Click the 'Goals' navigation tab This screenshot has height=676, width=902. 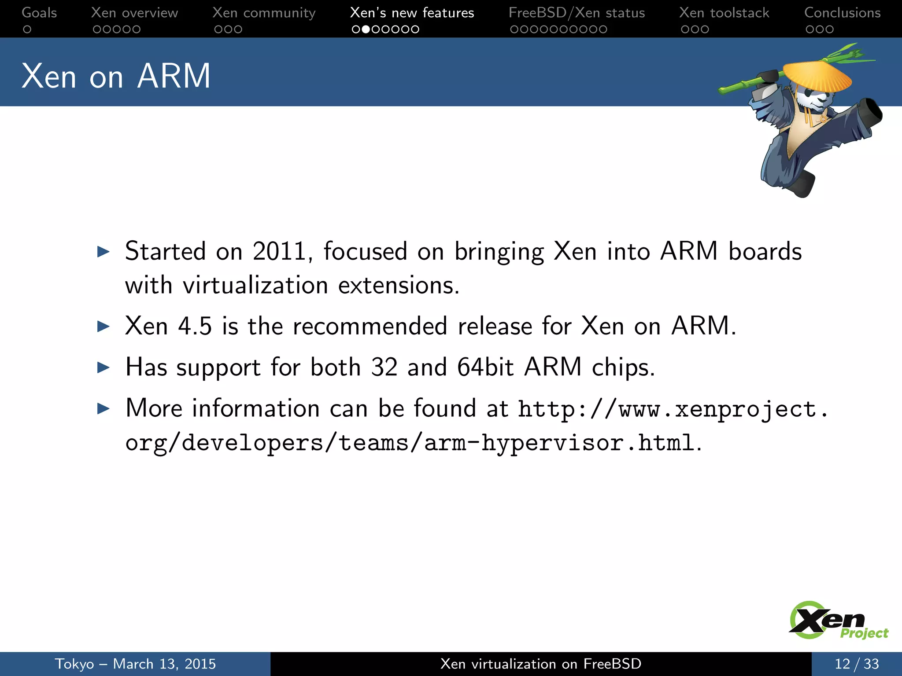point(39,13)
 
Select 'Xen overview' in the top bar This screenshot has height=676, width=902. point(134,13)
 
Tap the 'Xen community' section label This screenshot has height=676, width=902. point(264,13)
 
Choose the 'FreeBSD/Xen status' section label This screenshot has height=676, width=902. point(577,13)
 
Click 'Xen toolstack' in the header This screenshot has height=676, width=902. point(724,13)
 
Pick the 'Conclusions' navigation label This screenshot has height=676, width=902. point(842,13)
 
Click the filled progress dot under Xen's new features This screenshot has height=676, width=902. point(366,29)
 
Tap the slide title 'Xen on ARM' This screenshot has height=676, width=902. point(116,76)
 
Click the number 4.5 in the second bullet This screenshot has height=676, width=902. point(195,326)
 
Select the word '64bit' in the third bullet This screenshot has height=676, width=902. point(485,367)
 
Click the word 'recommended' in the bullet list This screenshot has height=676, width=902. point(370,326)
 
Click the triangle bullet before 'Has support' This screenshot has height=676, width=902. point(103,367)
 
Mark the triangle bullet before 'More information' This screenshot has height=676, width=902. point(103,408)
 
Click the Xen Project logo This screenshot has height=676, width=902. point(837,621)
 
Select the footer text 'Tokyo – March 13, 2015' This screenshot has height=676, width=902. point(135,664)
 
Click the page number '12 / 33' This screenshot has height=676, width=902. point(857,664)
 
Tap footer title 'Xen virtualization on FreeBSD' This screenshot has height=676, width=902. point(541,664)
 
